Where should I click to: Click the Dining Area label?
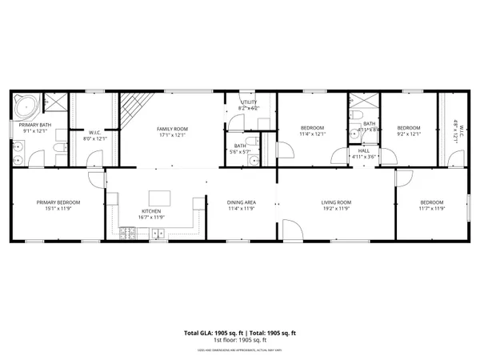pos(241,202)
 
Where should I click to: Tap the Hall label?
pos(364,150)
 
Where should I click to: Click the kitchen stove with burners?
pos(128,234)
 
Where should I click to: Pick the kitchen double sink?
pos(158,234)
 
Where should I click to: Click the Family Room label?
pos(171,129)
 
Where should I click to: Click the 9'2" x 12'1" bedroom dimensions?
pos(409,134)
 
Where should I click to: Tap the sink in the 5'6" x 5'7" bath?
pos(254,160)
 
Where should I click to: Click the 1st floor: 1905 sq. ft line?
pos(240,340)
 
